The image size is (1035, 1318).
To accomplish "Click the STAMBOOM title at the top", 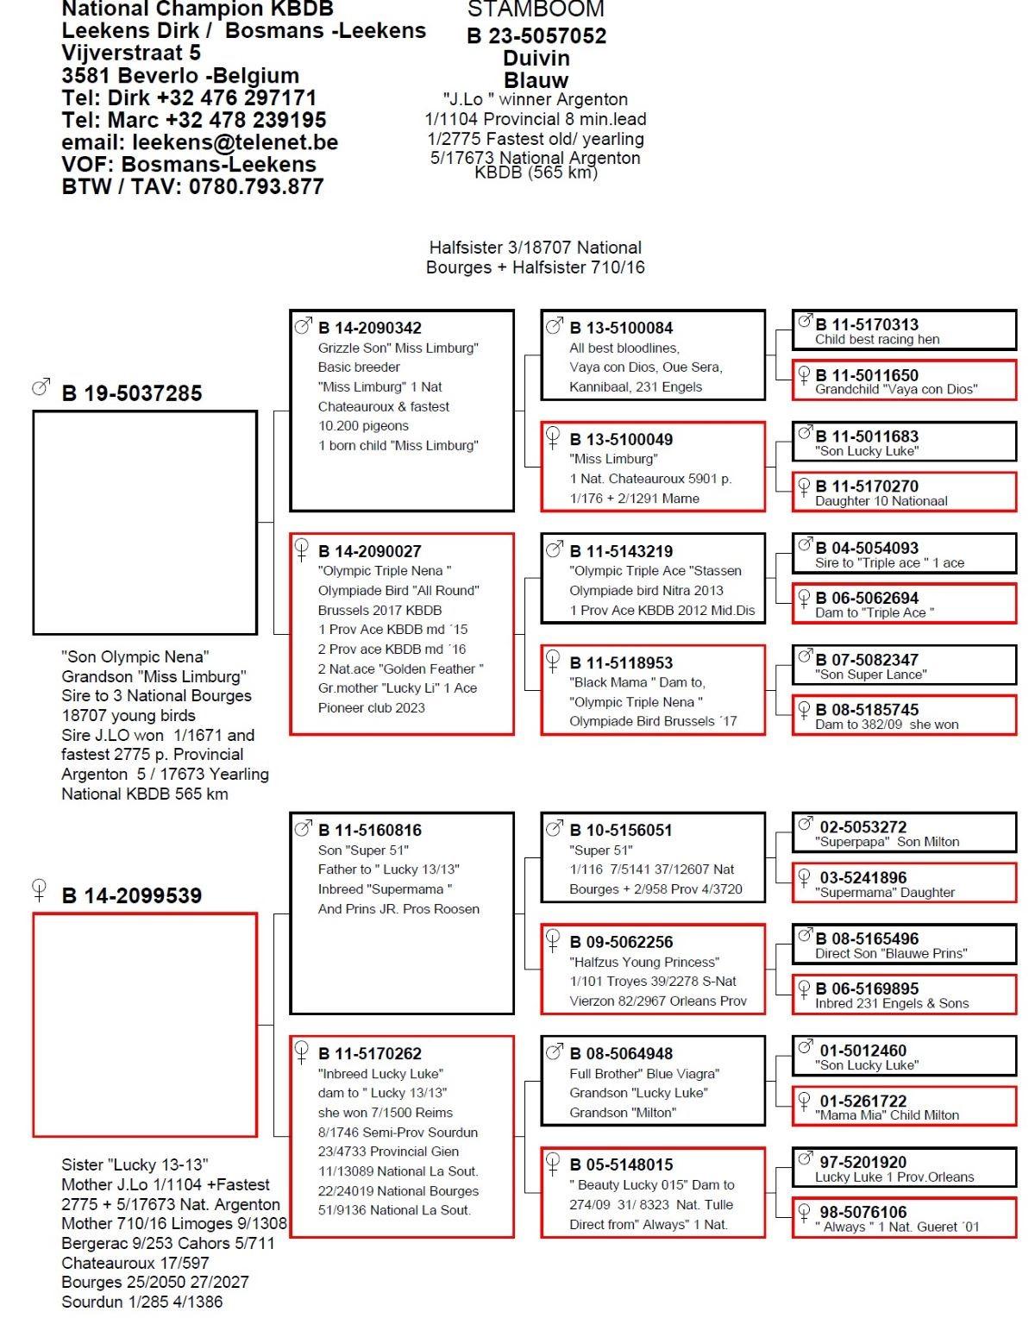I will pyautogui.click(x=536, y=10).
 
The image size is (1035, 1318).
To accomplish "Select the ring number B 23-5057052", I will pyautogui.click(x=536, y=36).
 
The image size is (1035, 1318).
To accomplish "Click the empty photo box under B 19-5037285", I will pyautogui.click(x=145, y=522).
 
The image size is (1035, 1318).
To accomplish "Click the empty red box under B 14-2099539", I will pyautogui.click(x=145, y=1025).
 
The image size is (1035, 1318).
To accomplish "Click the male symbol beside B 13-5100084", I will pyautogui.click(x=554, y=325).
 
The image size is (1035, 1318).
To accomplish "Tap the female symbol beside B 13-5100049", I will pyautogui.click(x=554, y=437).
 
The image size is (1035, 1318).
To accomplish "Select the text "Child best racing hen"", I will pyautogui.click(x=877, y=340).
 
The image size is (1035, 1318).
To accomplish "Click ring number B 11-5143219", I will pyautogui.click(x=621, y=551).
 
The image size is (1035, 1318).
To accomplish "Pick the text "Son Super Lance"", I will pyautogui.click(x=870, y=675).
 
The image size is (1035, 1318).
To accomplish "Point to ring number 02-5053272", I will pyautogui.click(x=862, y=827).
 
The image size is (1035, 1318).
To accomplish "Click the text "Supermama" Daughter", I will pyautogui.click(x=884, y=893).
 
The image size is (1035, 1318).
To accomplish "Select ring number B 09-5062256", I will pyautogui.click(x=621, y=942).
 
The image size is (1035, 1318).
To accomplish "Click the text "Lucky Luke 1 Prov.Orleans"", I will pyautogui.click(x=894, y=1177).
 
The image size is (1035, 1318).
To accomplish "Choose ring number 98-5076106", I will pyautogui.click(x=862, y=1213).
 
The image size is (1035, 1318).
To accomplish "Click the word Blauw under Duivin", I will pyautogui.click(x=536, y=80).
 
